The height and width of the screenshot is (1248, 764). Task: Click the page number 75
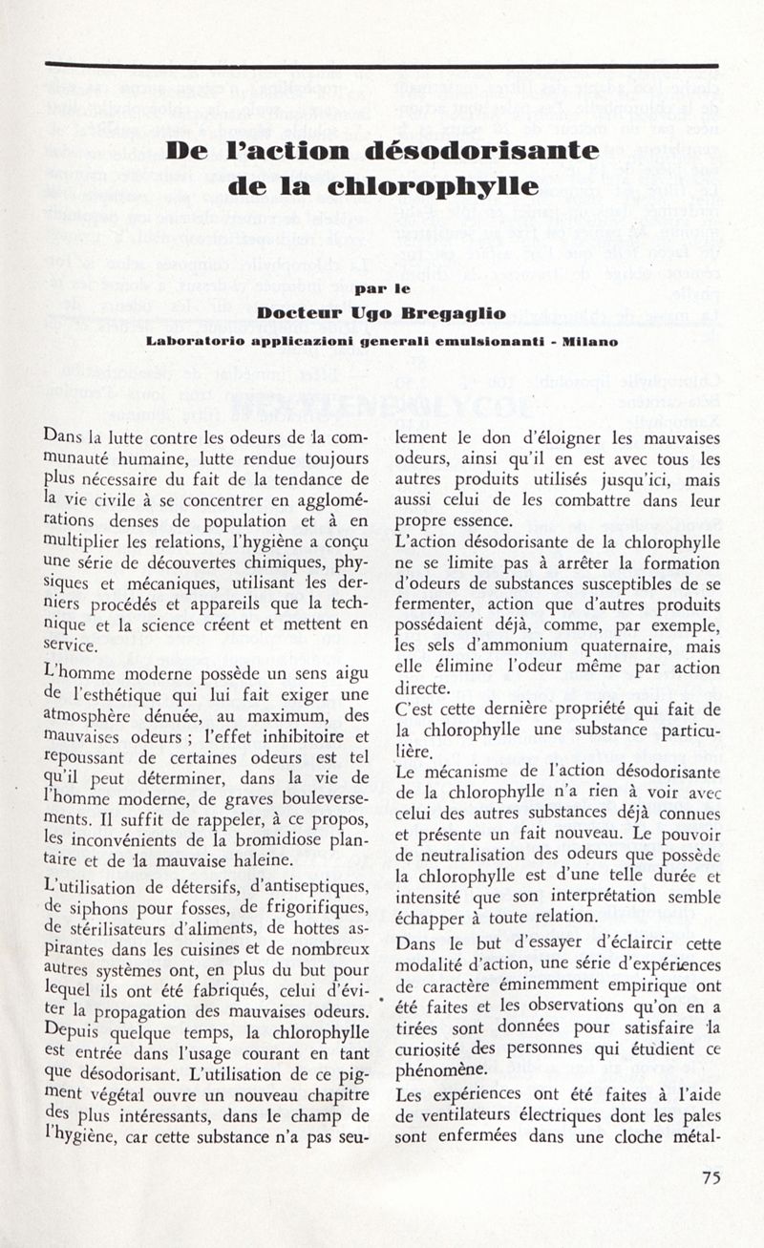(711, 1177)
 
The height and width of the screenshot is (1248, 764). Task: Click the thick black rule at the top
(382, 65)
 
